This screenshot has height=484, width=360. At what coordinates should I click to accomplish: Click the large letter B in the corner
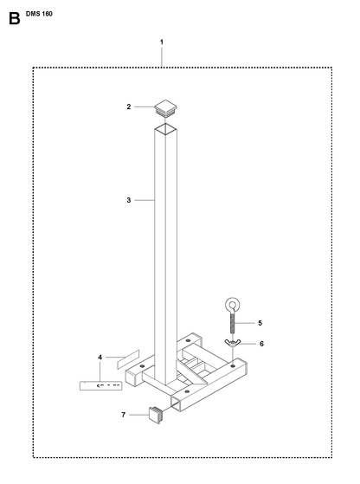point(14,19)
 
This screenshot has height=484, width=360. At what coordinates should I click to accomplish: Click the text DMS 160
point(39,14)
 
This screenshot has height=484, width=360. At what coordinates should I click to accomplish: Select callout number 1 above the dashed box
point(161,42)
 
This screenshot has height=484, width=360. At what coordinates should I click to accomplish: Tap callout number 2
point(129,106)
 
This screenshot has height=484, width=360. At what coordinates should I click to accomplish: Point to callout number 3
point(129,200)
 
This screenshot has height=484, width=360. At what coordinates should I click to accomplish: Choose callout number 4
point(100,358)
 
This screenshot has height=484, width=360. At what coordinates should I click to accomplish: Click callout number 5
point(260,323)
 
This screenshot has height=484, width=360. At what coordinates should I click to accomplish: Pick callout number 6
point(261,344)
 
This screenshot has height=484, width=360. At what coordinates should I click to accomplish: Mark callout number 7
point(124,415)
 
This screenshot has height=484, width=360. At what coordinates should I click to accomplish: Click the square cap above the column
point(165,107)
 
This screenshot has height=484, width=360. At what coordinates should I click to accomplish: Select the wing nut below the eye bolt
point(232,343)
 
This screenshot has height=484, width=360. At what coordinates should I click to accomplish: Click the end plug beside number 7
point(156,415)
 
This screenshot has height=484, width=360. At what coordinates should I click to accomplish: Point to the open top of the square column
point(165,129)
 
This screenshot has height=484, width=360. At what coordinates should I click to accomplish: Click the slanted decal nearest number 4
point(128,359)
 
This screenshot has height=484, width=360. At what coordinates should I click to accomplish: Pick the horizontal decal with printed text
point(100,386)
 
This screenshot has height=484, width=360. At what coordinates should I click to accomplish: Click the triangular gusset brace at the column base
point(191,372)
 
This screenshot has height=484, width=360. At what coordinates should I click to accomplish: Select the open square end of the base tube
point(176,404)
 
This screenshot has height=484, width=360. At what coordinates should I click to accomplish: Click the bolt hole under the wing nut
point(233,366)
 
